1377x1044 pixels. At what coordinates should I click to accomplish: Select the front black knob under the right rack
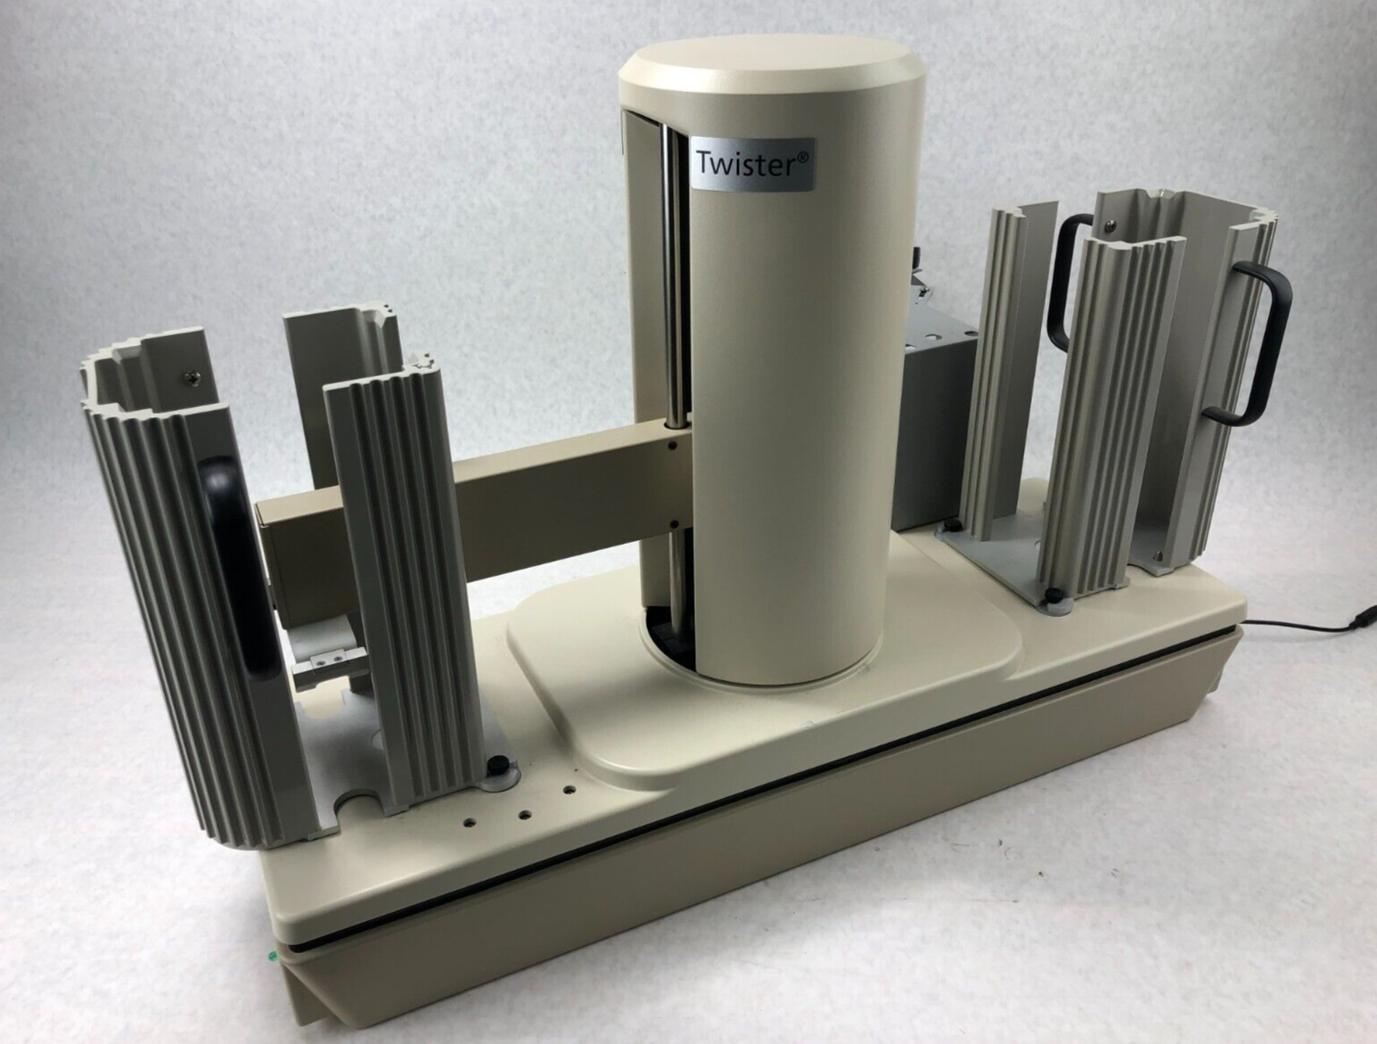coord(1055,598)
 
